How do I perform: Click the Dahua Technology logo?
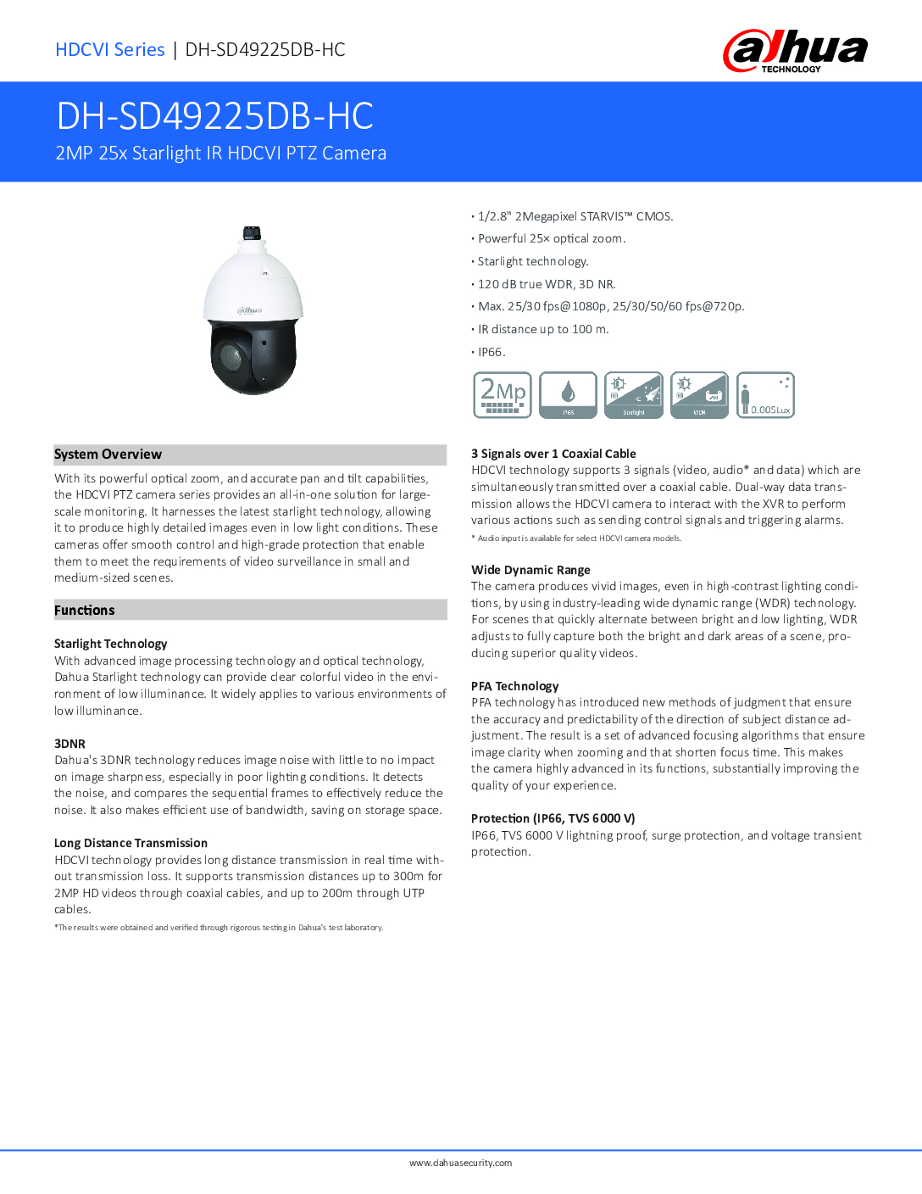pyautogui.click(x=795, y=51)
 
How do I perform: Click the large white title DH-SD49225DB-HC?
pyautogui.click(x=214, y=116)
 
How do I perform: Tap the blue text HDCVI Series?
pyautogui.click(x=110, y=50)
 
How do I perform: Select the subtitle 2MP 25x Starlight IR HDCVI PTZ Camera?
pyautogui.click(x=220, y=153)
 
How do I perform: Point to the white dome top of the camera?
pyautogui.click(x=253, y=280)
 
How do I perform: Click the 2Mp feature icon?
pyautogui.click(x=503, y=395)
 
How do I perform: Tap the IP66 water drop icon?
pyautogui.click(x=568, y=395)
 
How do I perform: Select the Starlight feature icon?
pyautogui.click(x=634, y=395)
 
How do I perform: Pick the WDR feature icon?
pyautogui.click(x=699, y=395)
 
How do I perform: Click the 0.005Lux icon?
pyautogui.click(x=765, y=395)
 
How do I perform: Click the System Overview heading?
pyautogui.click(x=108, y=455)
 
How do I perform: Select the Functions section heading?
pyautogui.click(x=85, y=611)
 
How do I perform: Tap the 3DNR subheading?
pyautogui.click(x=69, y=744)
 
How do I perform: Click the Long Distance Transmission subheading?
pyautogui.click(x=131, y=843)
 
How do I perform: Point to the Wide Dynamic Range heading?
pyautogui.click(x=530, y=570)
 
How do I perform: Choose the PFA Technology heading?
pyautogui.click(x=515, y=686)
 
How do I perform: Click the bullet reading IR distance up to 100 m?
pyautogui.click(x=543, y=329)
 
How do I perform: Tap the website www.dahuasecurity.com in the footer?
pyautogui.click(x=460, y=1163)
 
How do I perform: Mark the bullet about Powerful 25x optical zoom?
pyautogui.click(x=552, y=239)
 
